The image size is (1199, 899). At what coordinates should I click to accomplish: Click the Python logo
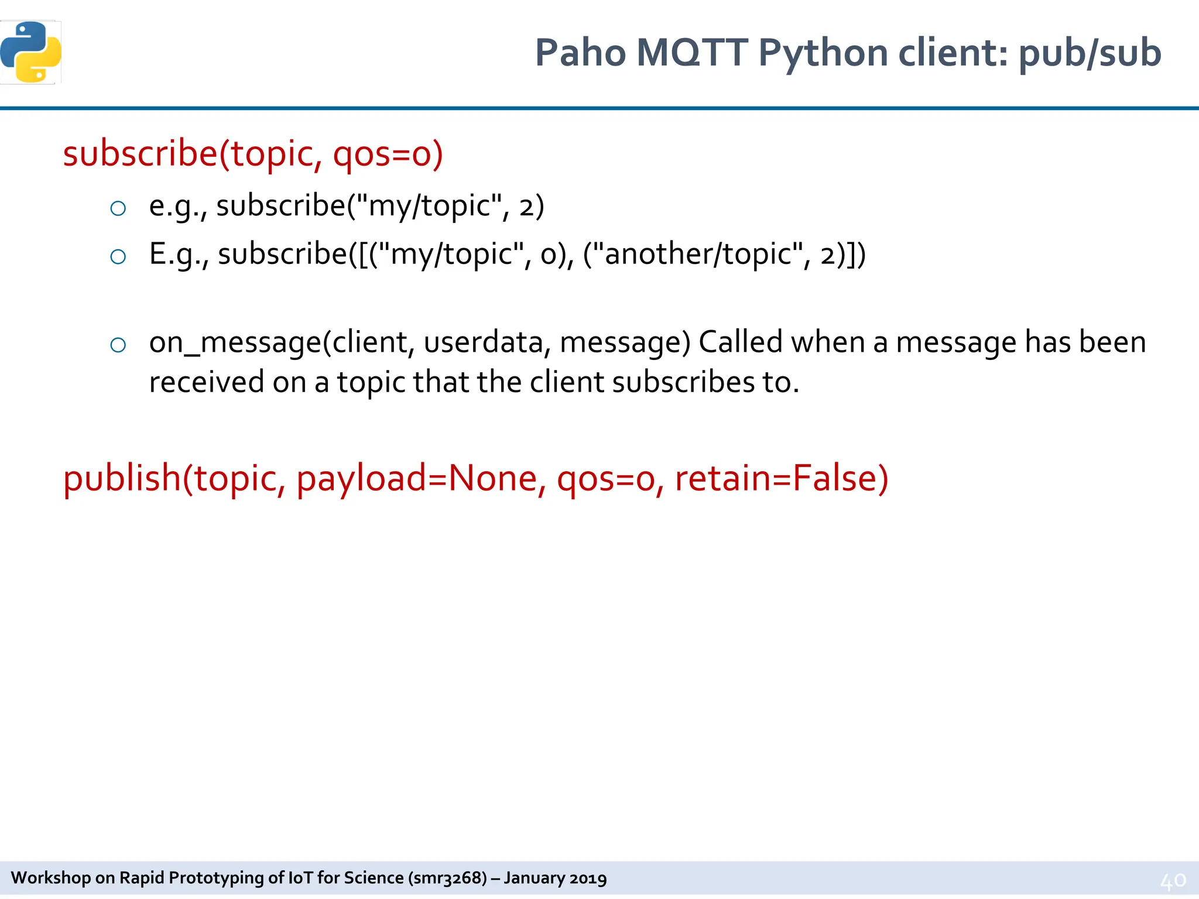pyautogui.click(x=30, y=52)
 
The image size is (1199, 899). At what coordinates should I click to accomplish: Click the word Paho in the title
pyautogui.click(x=580, y=53)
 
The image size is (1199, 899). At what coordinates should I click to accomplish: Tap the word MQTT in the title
pyautogui.click(x=691, y=53)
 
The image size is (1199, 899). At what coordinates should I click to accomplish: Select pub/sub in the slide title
pyautogui.click(x=1090, y=53)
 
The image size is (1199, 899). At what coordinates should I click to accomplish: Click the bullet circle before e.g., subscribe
pyautogui.click(x=118, y=208)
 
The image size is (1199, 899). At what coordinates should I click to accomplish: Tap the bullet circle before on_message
pyautogui.click(x=118, y=345)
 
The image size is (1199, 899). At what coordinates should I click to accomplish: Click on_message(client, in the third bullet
pyautogui.click(x=282, y=342)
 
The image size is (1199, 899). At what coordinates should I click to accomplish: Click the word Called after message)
pyautogui.click(x=740, y=342)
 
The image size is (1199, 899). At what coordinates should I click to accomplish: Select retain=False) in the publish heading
pyautogui.click(x=782, y=478)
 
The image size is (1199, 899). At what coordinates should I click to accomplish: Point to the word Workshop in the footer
pyautogui.click(x=51, y=878)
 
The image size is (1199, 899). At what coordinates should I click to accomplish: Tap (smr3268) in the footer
pyautogui.click(x=447, y=878)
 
